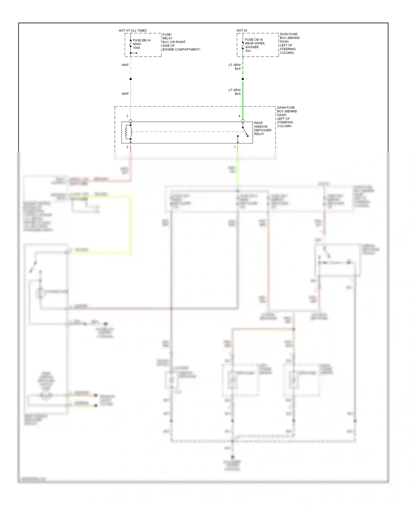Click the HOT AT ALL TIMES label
pyautogui.click(x=132, y=30)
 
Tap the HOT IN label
pyautogui.click(x=242, y=30)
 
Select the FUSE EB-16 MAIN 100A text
pyautogui.click(x=142, y=44)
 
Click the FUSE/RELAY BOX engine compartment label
pyautogui.click(x=181, y=42)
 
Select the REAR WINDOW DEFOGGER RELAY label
pyautogui.click(x=262, y=128)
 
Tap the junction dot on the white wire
pyautogui.click(x=131, y=79)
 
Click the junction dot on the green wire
pyautogui.click(x=243, y=79)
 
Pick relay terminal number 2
pyautogui.click(x=127, y=116)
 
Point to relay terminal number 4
pyautogui.click(x=239, y=116)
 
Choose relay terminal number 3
pyautogui.click(x=127, y=147)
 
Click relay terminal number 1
pyautogui.click(x=235, y=147)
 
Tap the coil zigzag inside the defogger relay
pyautogui.click(x=126, y=132)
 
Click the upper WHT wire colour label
pyautogui.click(x=125, y=65)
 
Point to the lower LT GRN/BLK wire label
pyautogui.click(x=235, y=92)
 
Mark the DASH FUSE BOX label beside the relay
pyautogui.click(x=287, y=117)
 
